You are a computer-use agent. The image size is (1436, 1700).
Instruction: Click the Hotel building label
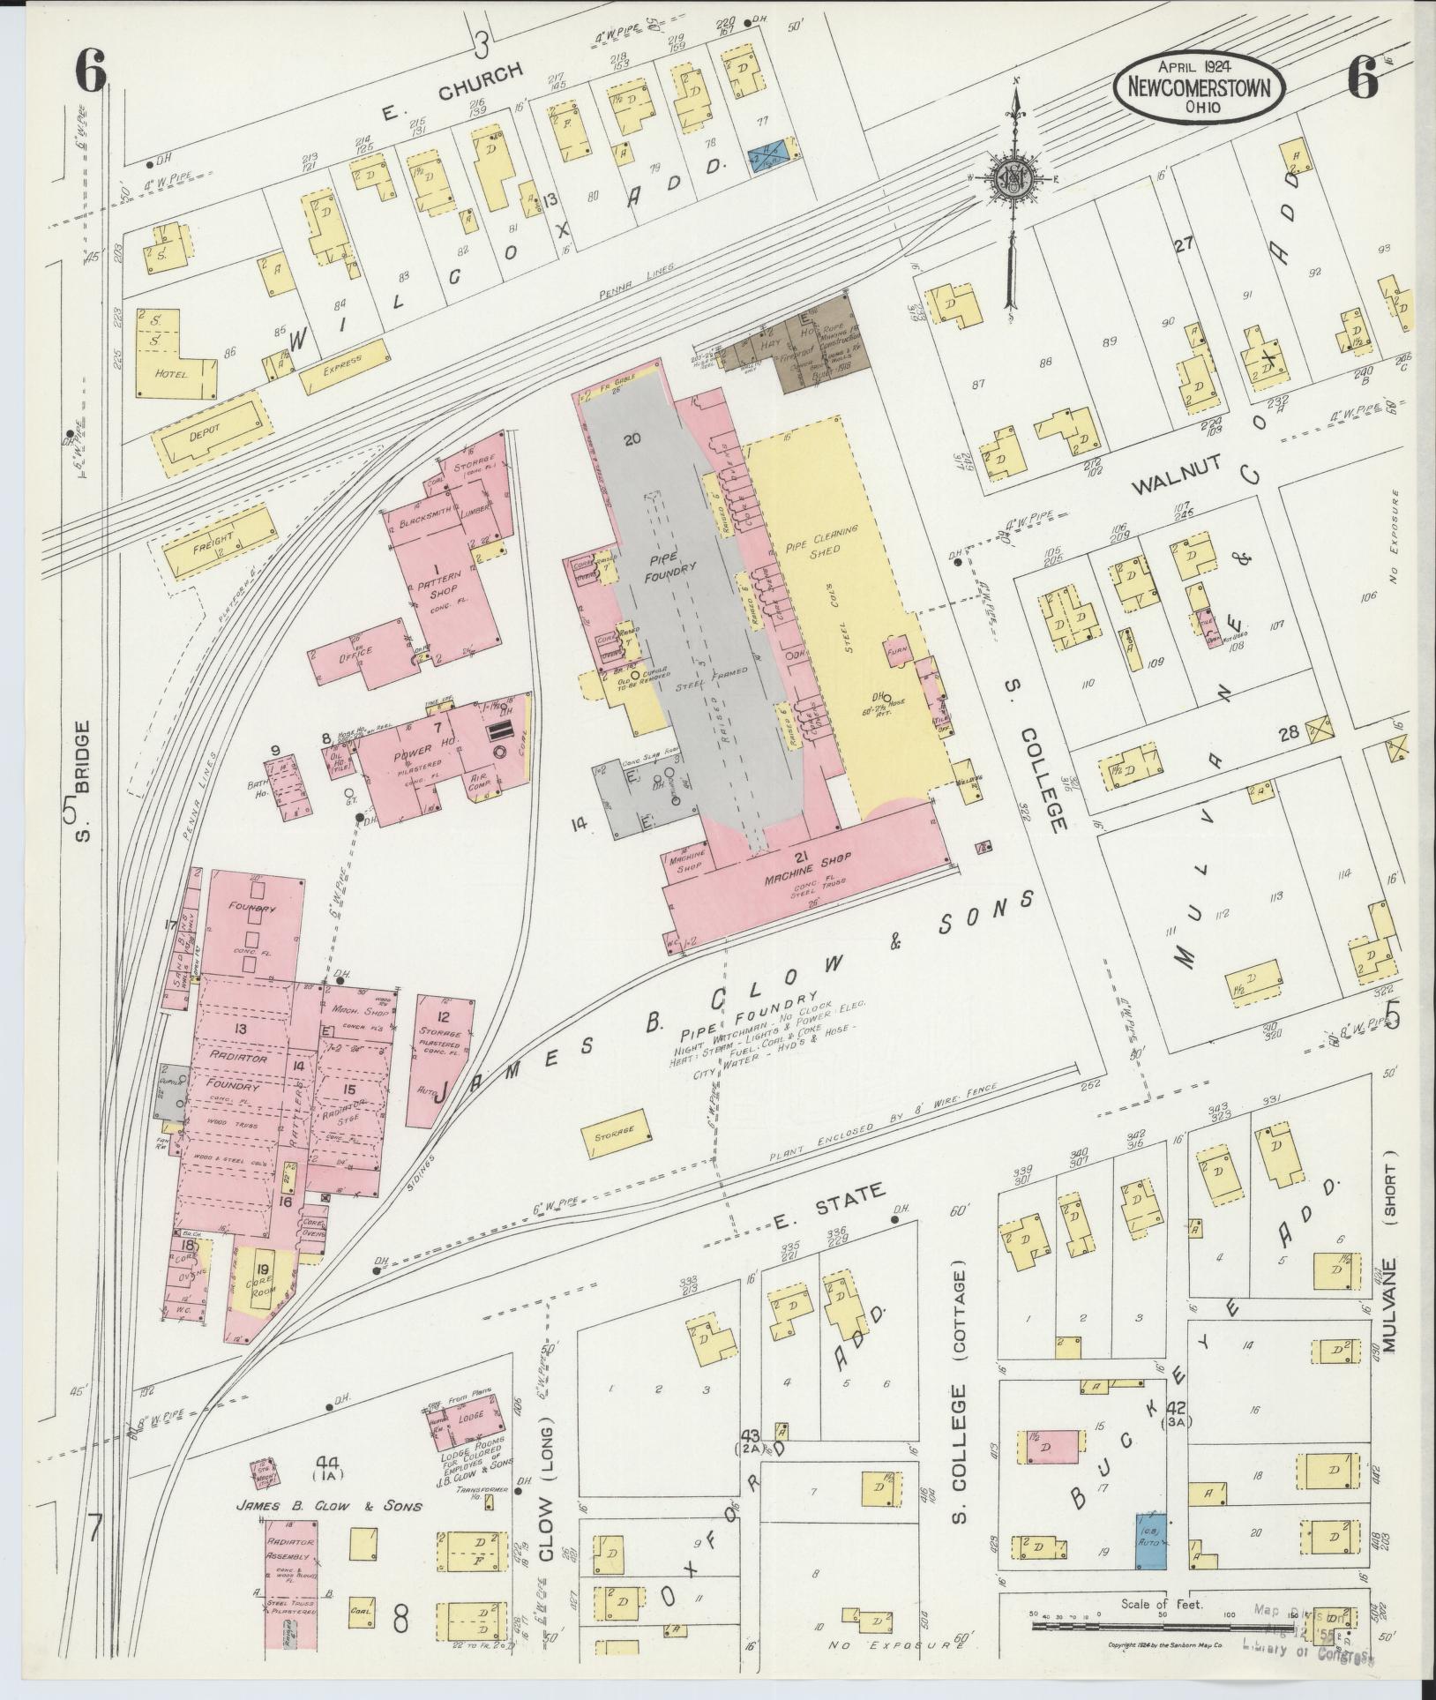point(172,373)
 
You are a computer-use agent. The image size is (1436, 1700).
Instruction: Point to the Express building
point(344,366)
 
